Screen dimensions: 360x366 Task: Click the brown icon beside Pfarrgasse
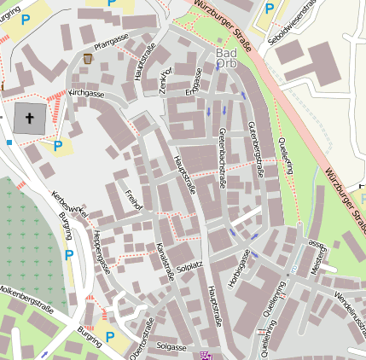[89, 58]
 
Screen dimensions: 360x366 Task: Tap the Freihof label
[132, 199]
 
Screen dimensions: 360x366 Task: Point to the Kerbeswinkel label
[70, 205]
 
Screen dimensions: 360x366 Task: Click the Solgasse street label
[171, 347]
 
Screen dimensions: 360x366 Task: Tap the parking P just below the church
[58, 145]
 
